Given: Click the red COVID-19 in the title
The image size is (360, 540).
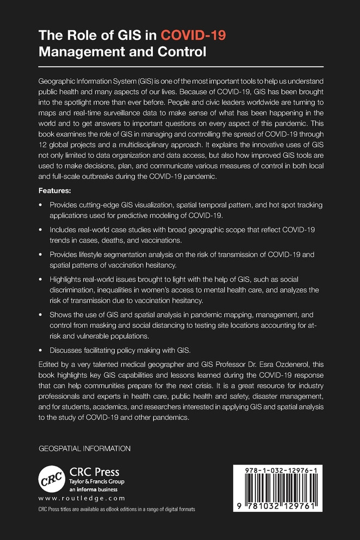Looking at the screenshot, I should (193, 36).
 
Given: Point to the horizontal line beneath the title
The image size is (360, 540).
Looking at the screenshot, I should (180, 67).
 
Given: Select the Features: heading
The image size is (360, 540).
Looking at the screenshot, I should (57, 191).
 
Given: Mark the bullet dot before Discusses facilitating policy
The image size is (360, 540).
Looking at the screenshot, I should (41, 350).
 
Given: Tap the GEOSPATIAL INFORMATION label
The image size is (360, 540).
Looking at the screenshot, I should (85, 449).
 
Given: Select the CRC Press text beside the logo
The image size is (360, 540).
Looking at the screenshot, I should (94, 471).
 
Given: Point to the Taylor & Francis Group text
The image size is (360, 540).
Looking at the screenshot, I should (96, 482).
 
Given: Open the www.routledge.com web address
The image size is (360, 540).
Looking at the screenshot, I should (82, 498).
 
